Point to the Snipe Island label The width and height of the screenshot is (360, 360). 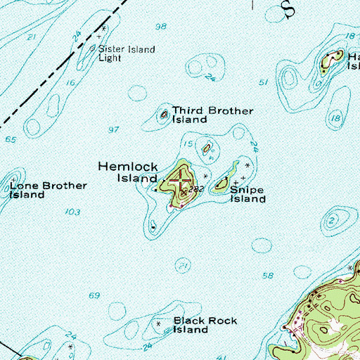pyautogui.click(x=248, y=195)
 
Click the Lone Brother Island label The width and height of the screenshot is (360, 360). pyautogui.click(x=48, y=190)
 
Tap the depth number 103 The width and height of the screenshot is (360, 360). pyautogui.click(x=72, y=212)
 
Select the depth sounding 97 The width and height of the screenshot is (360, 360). pyautogui.click(x=114, y=129)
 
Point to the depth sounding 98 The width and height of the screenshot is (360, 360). pyautogui.click(x=161, y=26)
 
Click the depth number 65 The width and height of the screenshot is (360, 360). pyautogui.click(x=11, y=140)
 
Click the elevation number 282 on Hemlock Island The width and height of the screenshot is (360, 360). pyautogui.click(x=196, y=189)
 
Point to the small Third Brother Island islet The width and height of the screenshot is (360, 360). pyautogui.click(x=165, y=113)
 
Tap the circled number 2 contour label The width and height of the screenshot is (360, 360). pyautogui.click(x=330, y=220)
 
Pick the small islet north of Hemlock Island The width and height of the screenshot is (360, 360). pyautogui.click(x=207, y=148)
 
